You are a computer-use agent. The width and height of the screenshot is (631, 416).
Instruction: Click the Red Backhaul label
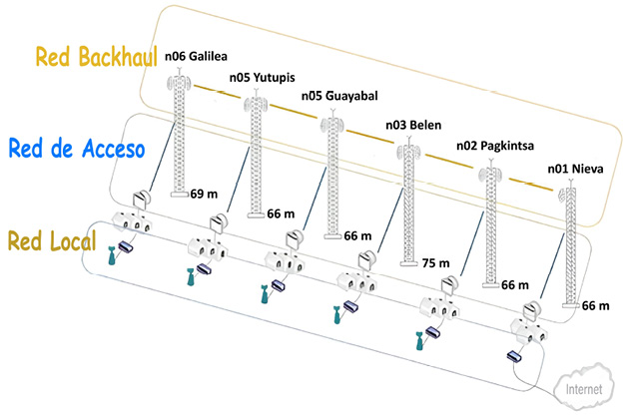pyautogui.click(x=93, y=58)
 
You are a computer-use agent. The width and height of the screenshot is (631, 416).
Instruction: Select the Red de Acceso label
pyautogui.click(x=77, y=150)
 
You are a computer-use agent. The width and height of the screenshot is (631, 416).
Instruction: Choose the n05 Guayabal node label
pyautogui.click(x=338, y=98)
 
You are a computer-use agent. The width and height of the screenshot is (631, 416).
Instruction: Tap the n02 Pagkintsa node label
pyautogui.click(x=492, y=146)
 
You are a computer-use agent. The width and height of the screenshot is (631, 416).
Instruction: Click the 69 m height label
pyautogui.click(x=203, y=193)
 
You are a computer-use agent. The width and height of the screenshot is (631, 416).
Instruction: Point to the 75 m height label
pyautogui.click(x=434, y=265)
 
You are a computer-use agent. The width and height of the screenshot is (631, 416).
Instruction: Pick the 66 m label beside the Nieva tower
pyautogui.click(x=594, y=305)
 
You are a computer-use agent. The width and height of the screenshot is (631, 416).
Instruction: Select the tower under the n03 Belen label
pyautogui.click(x=409, y=205)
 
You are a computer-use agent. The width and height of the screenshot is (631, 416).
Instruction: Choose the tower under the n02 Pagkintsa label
pyautogui.click(x=488, y=224)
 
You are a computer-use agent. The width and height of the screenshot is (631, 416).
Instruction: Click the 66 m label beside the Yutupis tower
pyautogui.click(x=282, y=213)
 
